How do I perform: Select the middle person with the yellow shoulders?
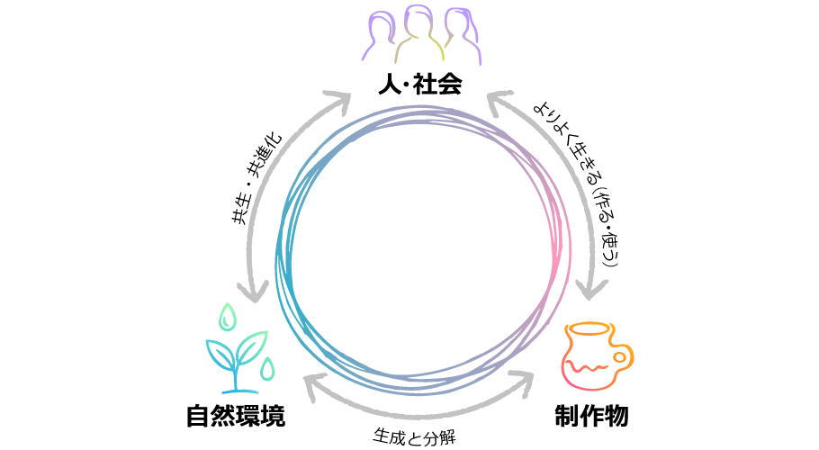(x=418, y=34)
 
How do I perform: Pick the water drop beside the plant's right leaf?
(x=267, y=369)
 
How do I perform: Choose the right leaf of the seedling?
(x=252, y=346)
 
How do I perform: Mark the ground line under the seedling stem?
(x=238, y=391)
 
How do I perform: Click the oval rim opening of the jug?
(x=590, y=328)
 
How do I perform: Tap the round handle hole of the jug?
(x=621, y=357)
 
